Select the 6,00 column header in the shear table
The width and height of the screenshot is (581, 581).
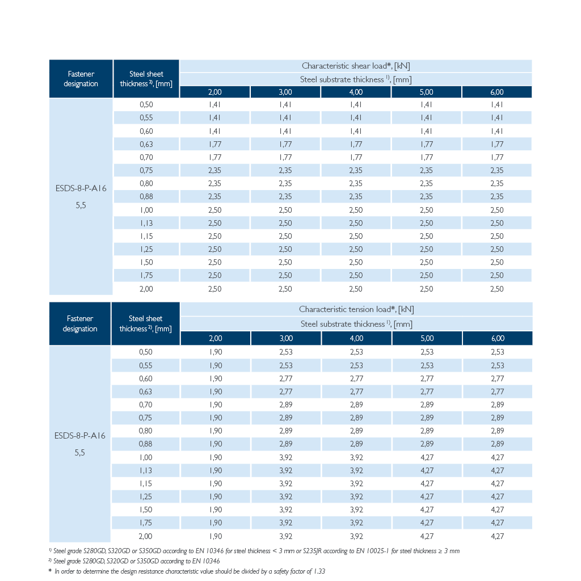pyautogui.click(x=497, y=92)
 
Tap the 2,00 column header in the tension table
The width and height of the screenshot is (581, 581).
pyautogui.click(x=215, y=338)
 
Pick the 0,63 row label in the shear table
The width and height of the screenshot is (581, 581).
pyautogui.click(x=146, y=144)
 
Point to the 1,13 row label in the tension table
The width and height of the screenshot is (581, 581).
pyautogui.click(x=146, y=470)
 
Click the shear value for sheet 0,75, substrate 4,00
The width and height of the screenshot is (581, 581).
pyautogui.click(x=356, y=170)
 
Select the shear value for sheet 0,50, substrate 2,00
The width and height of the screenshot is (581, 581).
pyautogui.click(x=215, y=104)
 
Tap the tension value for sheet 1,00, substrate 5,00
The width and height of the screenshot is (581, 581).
pyautogui.click(x=427, y=458)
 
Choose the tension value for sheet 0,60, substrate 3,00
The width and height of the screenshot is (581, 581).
pyautogui.click(x=286, y=378)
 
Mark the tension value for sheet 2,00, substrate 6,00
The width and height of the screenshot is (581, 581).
pyautogui.click(x=497, y=536)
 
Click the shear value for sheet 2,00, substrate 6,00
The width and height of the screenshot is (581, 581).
pyautogui.click(x=497, y=289)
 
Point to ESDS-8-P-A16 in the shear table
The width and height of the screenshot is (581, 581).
pyautogui.click(x=81, y=188)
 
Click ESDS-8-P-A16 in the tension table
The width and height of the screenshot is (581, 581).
pyautogui.click(x=79, y=436)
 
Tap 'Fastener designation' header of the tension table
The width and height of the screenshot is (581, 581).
pyautogui.click(x=80, y=323)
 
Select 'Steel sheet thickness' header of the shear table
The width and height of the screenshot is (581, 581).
pyautogui.click(x=146, y=79)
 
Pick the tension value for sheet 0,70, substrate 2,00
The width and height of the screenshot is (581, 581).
pyautogui.click(x=215, y=405)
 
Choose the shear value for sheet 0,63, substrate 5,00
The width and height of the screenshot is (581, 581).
pyautogui.click(x=427, y=144)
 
